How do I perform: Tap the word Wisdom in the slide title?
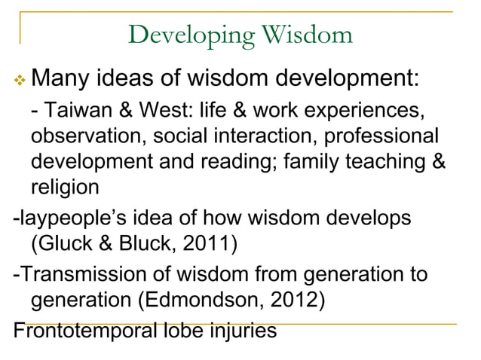(308, 34)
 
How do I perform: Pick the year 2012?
(300, 300)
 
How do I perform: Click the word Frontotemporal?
(82, 330)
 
